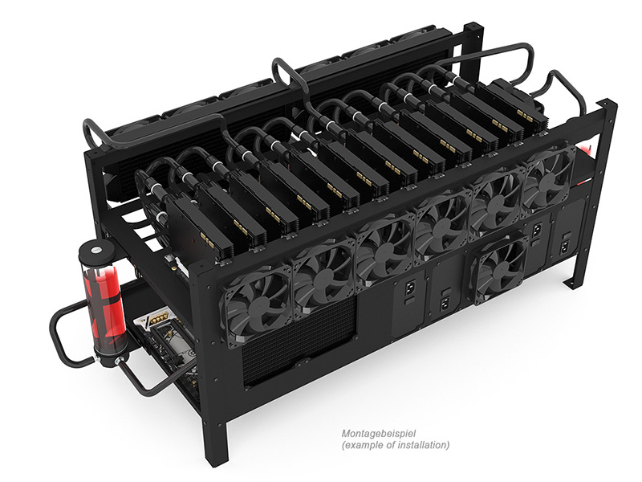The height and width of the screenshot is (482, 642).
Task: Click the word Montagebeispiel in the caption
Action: [379, 433]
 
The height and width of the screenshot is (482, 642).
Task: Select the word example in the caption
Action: [361, 445]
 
